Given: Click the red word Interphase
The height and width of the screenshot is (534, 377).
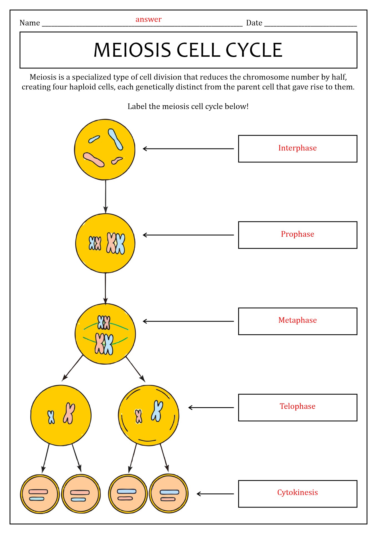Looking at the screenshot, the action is tap(297, 148).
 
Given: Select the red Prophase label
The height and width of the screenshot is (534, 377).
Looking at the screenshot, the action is tap(297, 234).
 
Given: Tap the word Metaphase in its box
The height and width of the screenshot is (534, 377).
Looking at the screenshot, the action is tap(297, 320).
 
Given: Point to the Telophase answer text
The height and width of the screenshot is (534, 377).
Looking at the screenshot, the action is tap(297, 406).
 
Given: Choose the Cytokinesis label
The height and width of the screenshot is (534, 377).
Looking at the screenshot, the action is tap(297, 493).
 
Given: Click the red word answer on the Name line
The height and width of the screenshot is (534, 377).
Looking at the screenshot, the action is tap(149, 19).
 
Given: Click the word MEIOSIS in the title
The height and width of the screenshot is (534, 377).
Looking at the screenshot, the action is tap(132, 50).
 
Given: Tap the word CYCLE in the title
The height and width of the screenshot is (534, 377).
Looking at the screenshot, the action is tap(254, 50).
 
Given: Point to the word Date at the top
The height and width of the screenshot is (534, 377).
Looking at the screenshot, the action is tap(254, 23).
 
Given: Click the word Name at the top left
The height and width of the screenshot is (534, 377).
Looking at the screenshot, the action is tap(30, 23).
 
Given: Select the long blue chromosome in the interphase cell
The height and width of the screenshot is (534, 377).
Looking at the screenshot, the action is tap(115, 139).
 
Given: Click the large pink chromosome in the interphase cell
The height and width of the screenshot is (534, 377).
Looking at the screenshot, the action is tap(94, 160).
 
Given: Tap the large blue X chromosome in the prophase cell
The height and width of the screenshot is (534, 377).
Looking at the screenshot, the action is tap(120, 244).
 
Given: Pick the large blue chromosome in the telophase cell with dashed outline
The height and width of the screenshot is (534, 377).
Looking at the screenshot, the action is tap(157, 411).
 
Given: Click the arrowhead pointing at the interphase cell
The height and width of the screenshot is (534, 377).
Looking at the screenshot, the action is tap(145, 149).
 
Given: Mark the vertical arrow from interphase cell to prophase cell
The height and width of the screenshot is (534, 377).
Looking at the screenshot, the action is tap(105, 197).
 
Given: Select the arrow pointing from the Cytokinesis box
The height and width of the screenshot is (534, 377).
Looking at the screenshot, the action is tap(215, 494).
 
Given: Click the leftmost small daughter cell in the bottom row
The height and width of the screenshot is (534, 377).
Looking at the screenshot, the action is tap(40, 494).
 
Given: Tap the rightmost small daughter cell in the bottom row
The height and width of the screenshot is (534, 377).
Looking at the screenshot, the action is tap(169, 493).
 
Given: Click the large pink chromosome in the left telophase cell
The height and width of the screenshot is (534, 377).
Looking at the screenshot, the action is tap(69, 413).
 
